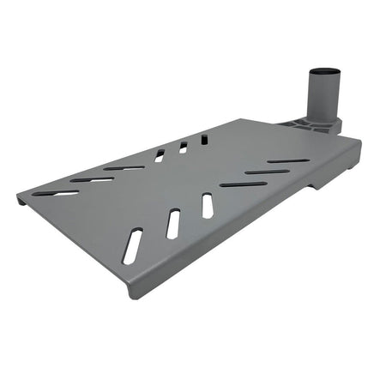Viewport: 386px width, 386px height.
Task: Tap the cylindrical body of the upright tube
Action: click(323, 96)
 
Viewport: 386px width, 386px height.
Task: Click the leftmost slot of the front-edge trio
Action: click(133, 246)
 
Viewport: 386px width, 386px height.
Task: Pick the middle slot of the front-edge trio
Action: click(173, 223)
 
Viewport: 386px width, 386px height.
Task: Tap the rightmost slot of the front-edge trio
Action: click(208, 205)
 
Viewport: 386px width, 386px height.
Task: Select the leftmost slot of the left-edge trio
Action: click(57, 193)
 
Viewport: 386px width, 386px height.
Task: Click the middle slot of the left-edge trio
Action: click(91, 179)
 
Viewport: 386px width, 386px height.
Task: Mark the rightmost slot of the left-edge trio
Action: click(124, 167)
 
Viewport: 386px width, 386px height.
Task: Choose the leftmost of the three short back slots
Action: click(160, 155)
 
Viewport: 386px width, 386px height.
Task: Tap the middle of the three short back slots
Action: click(183, 148)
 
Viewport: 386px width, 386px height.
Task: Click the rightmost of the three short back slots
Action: click(204, 139)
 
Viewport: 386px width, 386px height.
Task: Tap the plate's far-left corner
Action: click(18, 199)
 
